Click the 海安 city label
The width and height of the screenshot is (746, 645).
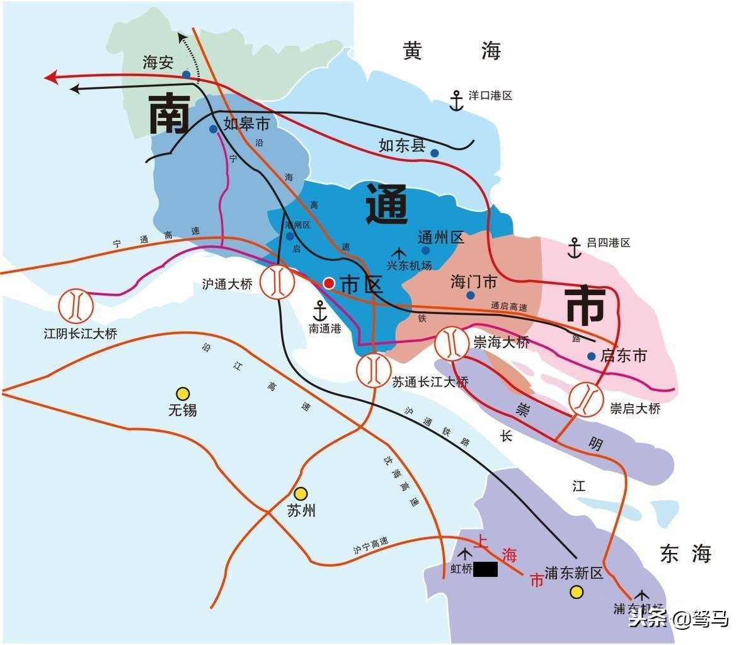pos(158,62)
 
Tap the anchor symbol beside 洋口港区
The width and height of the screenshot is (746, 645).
pos(456,100)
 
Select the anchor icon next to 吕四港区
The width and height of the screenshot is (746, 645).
pos(574,248)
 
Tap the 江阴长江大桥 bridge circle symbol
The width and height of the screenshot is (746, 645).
pos(76,305)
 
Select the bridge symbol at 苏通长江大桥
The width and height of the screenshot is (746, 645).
pos(374,370)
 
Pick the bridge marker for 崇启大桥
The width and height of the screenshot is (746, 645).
pos(587,399)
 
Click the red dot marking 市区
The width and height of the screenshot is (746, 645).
pos(329,283)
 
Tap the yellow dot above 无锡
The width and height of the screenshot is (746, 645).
pos(183,393)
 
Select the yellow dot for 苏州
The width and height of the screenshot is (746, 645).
pos(301,493)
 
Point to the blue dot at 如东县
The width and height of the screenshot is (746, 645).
pos(435,153)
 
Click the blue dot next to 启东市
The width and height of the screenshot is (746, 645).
pos(591,356)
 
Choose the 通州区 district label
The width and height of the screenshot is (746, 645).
pos(441,237)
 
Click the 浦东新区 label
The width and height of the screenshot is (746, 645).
pos(574,573)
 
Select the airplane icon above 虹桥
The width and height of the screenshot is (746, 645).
pos(465,554)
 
